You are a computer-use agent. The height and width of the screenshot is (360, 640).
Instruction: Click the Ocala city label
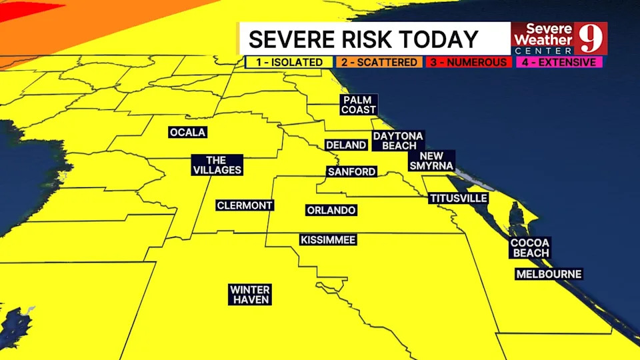[187, 133]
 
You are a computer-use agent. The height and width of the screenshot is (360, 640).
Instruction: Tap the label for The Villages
[217, 165]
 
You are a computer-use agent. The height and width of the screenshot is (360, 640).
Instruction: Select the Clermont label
[245, 205]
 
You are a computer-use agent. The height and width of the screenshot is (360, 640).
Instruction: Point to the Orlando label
[331, 210]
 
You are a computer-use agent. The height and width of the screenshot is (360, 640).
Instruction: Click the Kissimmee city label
[327, 240]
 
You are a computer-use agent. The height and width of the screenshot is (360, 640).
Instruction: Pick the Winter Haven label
[250, 295]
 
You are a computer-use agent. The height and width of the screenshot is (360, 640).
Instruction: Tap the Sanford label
[351, 171]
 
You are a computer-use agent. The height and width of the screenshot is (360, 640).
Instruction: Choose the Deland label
[345, 145]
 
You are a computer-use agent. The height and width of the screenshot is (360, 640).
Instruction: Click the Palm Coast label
[359, 105]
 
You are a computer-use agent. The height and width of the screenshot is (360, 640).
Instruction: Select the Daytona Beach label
[397, 141]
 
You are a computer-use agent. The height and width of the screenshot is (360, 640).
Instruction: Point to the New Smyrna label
[431, 161]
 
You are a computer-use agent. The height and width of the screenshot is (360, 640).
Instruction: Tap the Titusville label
[458, 198]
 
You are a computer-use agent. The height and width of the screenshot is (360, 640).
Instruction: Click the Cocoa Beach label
[530, 248]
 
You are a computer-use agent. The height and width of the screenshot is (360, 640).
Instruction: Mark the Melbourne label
[549, 274]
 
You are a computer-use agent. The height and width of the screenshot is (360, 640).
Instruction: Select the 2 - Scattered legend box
[379, 62]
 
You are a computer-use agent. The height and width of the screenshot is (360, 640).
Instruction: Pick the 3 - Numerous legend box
[469, 62]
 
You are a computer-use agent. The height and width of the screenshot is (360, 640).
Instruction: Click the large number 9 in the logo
[591, 39]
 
